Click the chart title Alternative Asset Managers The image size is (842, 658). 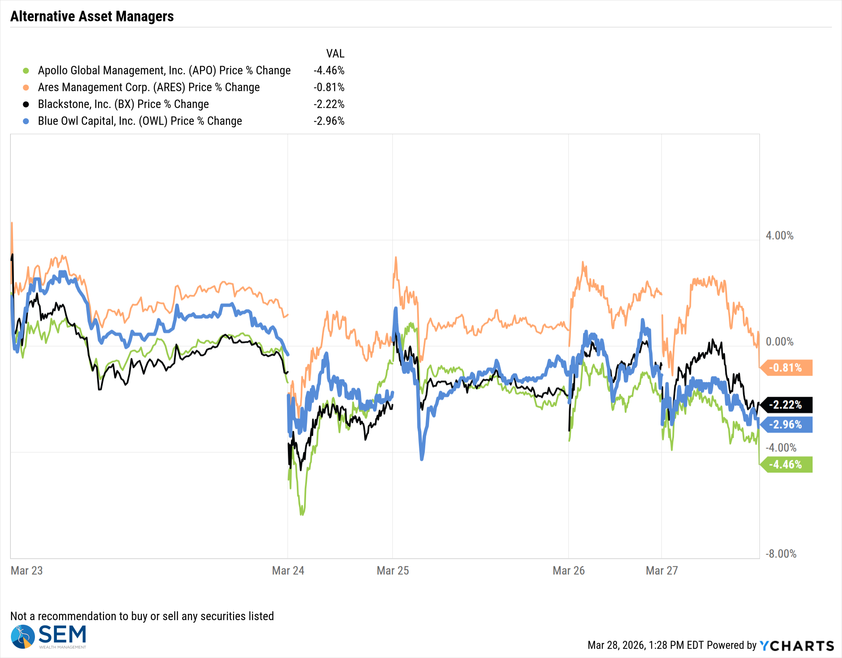[x=92, y=16]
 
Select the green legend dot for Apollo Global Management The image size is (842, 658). [x=26, y=71]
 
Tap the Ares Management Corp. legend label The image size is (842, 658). [x=149, y=87]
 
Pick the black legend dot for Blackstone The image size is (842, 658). [x=26, y=104]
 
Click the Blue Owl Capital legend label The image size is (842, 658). [x=140, y=121]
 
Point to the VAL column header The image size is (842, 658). [x=335, y=53]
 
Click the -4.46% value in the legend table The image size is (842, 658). [x=329, y=70]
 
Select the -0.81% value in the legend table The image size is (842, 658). [x=329, y=87]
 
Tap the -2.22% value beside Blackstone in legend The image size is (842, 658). [x=329, y=104]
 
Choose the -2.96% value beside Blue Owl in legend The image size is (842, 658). [x=329, y=121]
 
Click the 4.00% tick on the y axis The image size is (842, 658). [x=779, y=236]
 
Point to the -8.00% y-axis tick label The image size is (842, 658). [x=781, y=554]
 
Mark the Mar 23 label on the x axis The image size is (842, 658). [x=27, y=570]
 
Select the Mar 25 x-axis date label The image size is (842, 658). [x=392, y=570]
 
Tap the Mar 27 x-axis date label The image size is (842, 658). [x=661, y=570]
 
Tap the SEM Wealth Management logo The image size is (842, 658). [x=49, y=637]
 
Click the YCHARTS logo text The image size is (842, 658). [x=797, y=645]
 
